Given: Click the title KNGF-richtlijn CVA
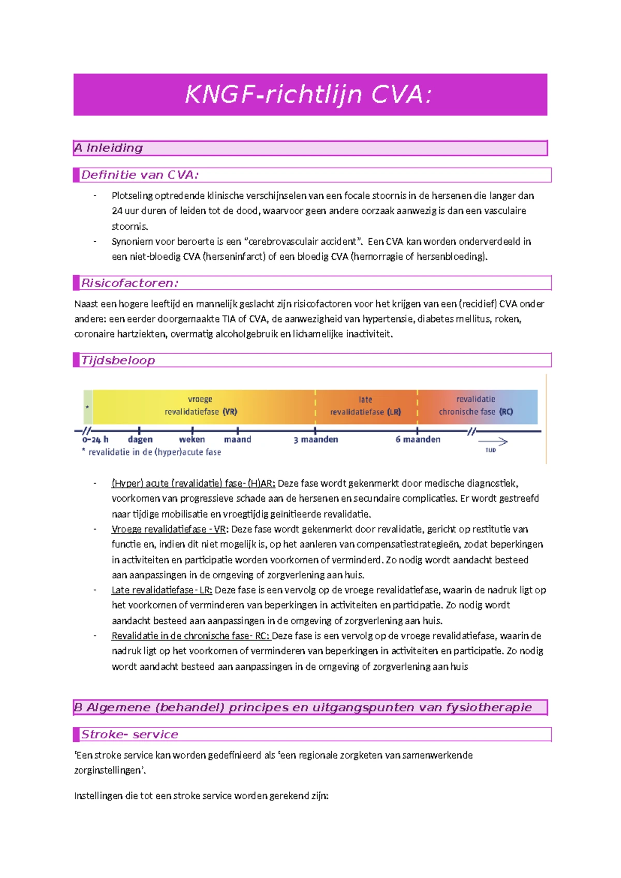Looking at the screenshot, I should (x=308, y=95).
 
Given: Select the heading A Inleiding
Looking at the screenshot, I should (x=109, y=148).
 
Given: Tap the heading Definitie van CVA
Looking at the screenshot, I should (x=140, y=175).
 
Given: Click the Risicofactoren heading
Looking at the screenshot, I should (x=130, y=283).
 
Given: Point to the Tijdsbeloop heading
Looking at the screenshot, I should (x=118, y=360).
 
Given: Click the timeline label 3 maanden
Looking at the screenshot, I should (x=316, y=440).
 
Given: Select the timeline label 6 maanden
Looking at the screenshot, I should (x=418, y=440).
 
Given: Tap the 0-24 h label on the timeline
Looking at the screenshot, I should (x=95, y=440).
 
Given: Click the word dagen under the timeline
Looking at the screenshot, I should (x=140, y=440).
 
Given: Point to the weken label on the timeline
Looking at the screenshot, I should (x=192, y=440).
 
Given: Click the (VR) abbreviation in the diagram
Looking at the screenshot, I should (x=230, y=412).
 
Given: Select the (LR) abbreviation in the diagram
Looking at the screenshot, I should (x=394, y=412).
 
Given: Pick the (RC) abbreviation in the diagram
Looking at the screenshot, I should (x=506, y=412).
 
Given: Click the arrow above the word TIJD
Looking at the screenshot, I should (x=493, y=442).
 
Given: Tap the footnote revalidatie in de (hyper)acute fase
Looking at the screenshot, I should (x=154, y=452).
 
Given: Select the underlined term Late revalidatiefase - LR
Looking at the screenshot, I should (x=161, y=590).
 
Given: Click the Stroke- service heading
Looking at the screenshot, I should (x=129, y=735).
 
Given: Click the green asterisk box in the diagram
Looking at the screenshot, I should (x=88, y=407).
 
